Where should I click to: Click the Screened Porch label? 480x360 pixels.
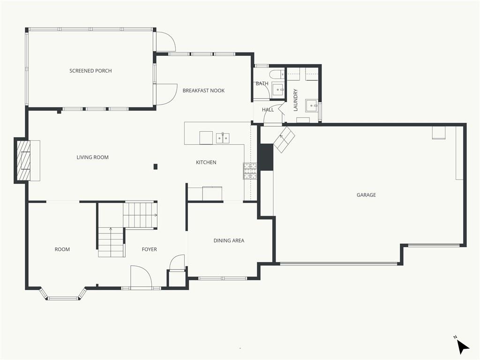pyautogui.click(x=90, y=71)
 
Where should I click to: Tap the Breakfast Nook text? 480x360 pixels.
pyautogui.click(x=203, y=90)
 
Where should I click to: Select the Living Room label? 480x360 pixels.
pyautogui.click(x=92, y=157)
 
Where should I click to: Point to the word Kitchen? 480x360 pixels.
pyautogui.click(x=206, y=162)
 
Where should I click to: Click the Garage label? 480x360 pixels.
pyautogui.click(x=366, y=195)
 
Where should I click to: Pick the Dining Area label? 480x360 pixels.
pyautogui.click(x=229, y=240)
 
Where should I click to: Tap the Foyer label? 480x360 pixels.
pyautogui.click(x=150, y=249)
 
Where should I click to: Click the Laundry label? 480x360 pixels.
pyautogui.click(x=295, y=100)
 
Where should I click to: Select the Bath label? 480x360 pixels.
pyautogui.click(x=262, y=83)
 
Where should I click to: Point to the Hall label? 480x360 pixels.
pyautogui.click(x=268, y=110)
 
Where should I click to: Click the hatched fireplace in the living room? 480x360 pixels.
pyautogui.click(x=23, y=160)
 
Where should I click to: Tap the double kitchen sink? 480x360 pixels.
pyautogui.click(x=223, y=138)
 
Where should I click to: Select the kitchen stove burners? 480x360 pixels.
pyautogui.click(x=250, y=171)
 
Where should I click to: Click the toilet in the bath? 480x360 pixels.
pyautogui.click(x=277, y=74)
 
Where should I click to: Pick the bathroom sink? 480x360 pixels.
pyautogui.click(x=278, y=90)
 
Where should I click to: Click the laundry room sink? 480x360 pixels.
pyautogui.click(x=312, y=105)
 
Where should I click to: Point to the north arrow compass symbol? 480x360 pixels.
pyautogui.click(x=463, y=346)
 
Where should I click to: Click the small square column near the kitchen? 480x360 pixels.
pyautogui.click(x=156, y=166)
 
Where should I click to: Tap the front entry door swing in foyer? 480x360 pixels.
pyautogui.click(x=141, y=277)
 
